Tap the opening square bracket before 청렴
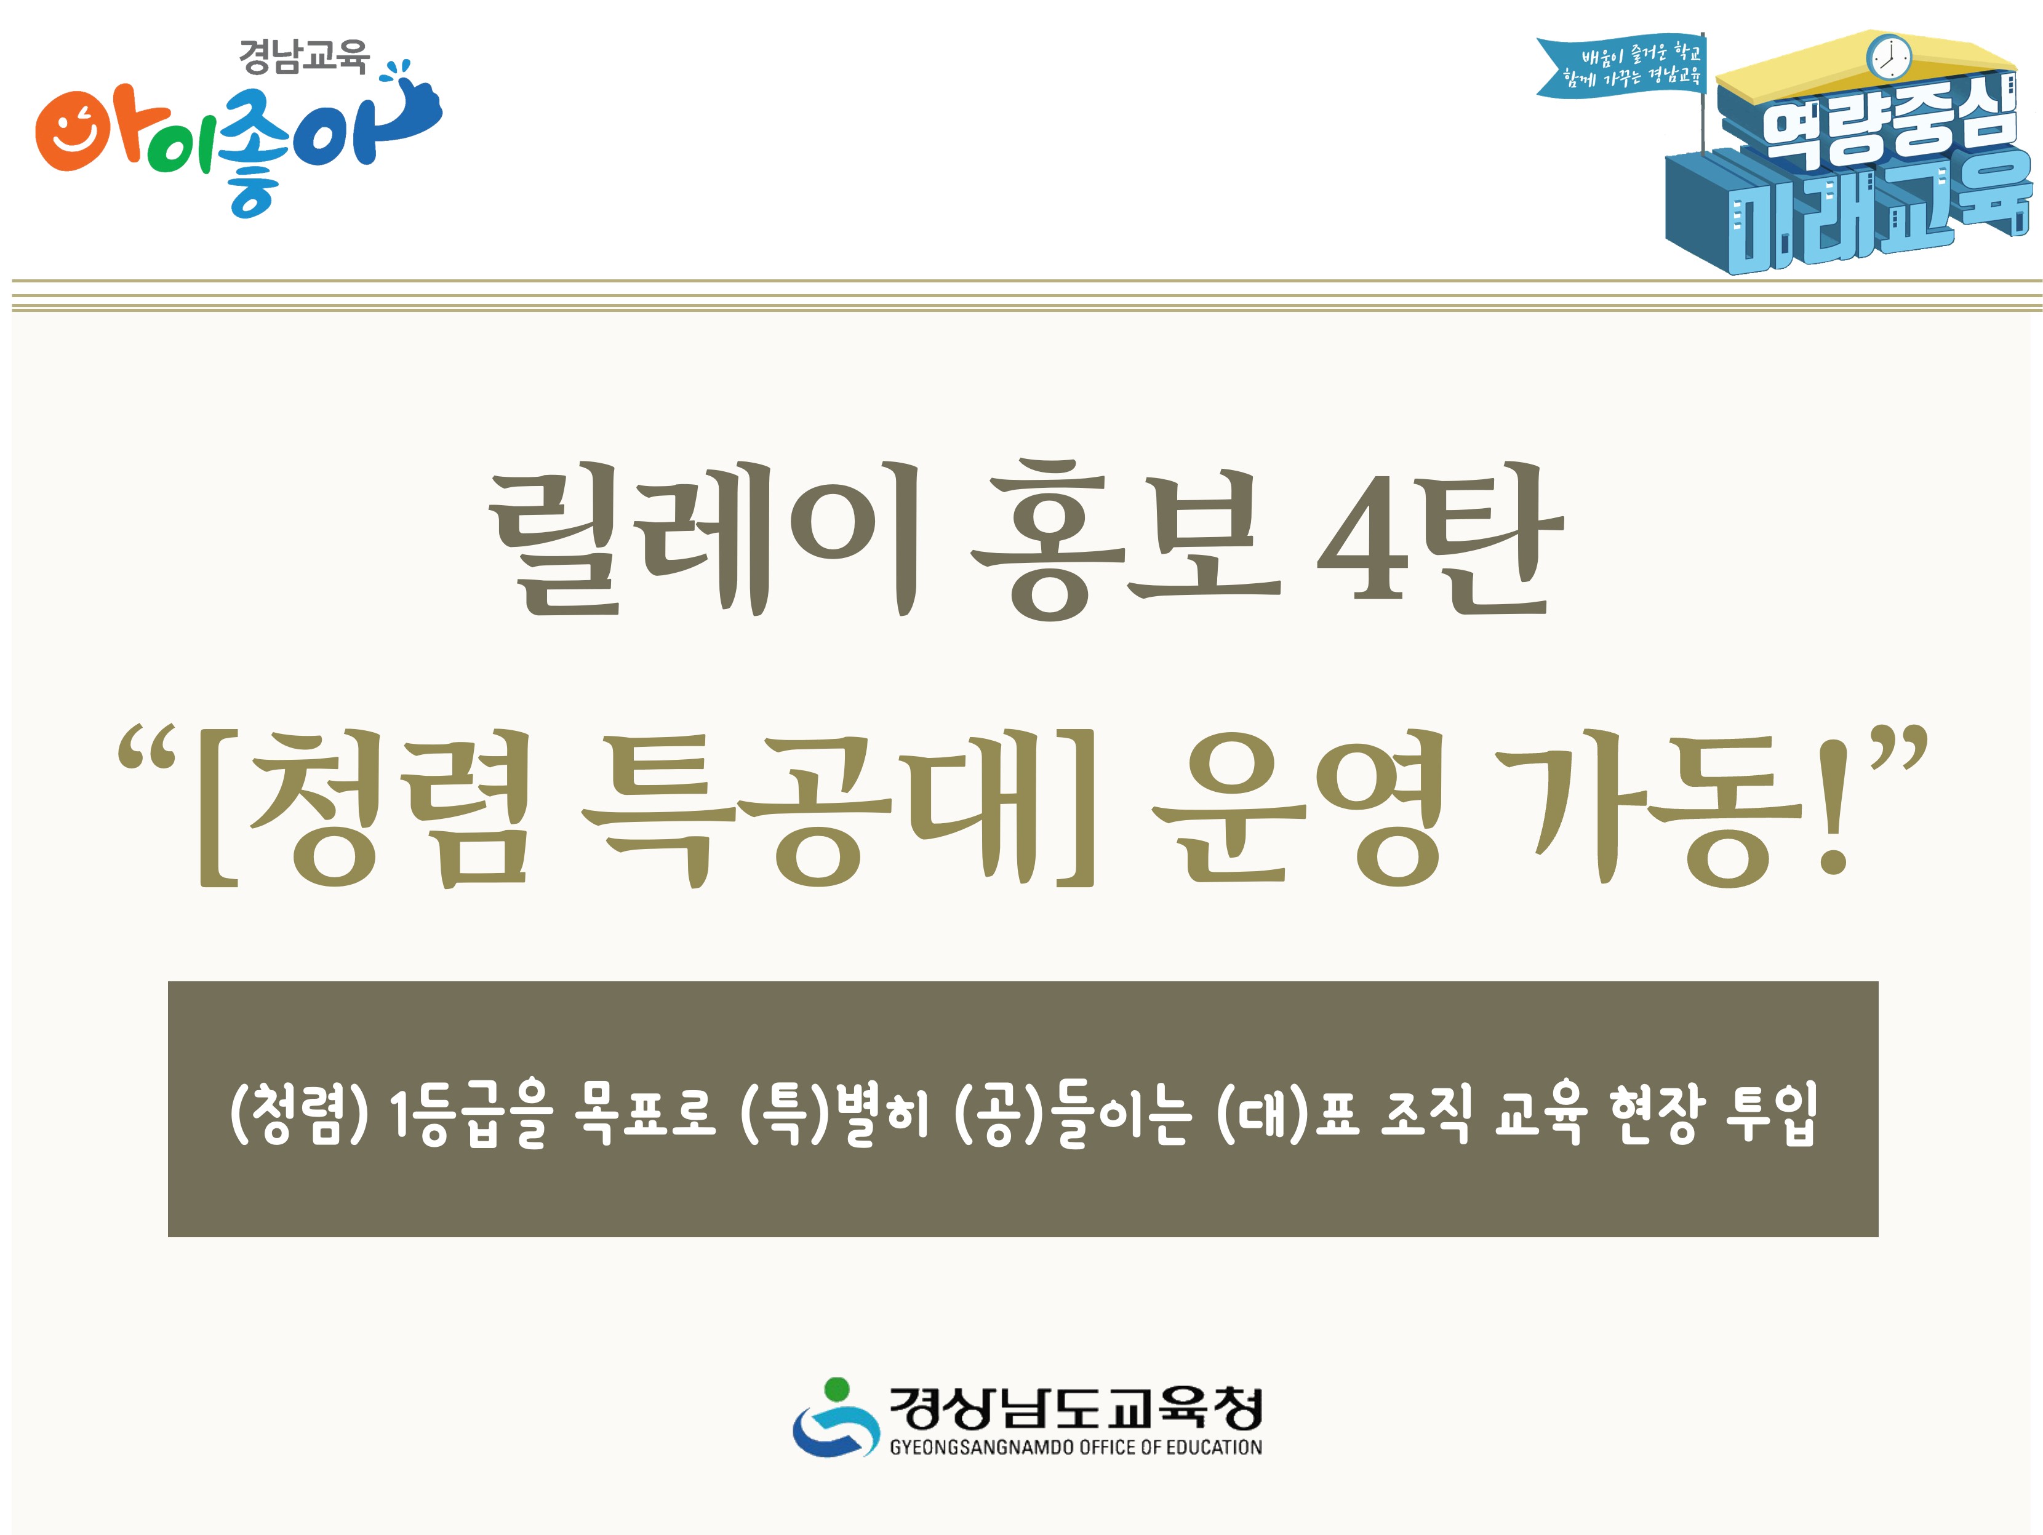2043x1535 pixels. pos(217,808)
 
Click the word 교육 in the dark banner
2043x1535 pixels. pos(1541,1113)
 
